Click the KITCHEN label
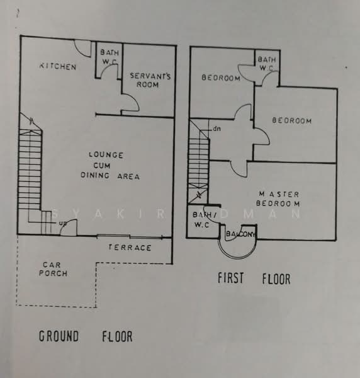click(x=58, y=66)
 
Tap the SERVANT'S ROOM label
click(x=150, y=80)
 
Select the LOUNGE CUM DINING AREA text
click(x=110, y=165)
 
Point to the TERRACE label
click(x=130, y=248)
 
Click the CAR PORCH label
click(x=53, y=269)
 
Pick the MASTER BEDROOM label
click(x=278, y=199)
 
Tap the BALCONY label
click(x=240, y=234)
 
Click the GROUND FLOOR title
click(x=86, y=336)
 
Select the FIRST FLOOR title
click(x=254, y=278)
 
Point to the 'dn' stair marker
click(x=217, y=129)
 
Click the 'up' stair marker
click(x=62, y=223)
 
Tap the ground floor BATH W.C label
click(x=110, y=57)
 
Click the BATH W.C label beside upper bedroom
click(x=266, y=64)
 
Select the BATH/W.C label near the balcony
click(x=202, y=220)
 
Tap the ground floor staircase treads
click(x=30, y=169)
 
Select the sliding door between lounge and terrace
click(x=130, y=236)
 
